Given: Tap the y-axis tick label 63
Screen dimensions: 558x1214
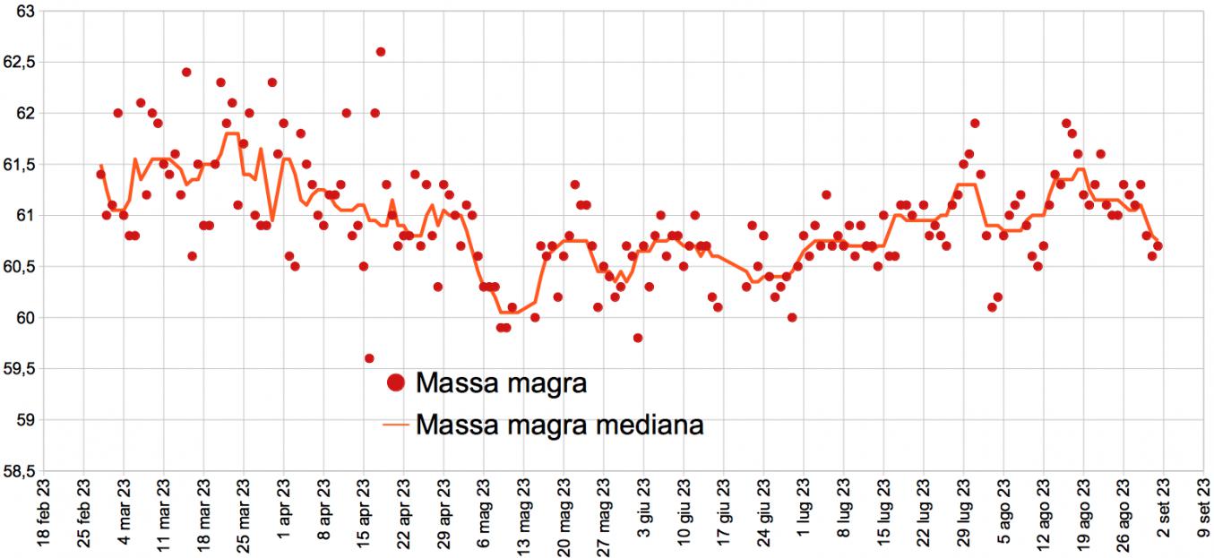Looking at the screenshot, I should tap(25, 11).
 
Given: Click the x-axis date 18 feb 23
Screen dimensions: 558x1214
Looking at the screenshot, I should tap(42, 515).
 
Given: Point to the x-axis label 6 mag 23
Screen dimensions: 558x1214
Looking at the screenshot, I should tap(483, 516).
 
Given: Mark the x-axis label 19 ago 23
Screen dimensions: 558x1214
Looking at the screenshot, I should tap(1082, 516).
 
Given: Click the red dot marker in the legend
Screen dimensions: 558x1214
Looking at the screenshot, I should tap(395, 383).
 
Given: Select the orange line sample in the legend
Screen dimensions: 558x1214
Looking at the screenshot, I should tap(395, 424).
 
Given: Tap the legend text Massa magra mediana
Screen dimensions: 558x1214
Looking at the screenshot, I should tap(559, 424).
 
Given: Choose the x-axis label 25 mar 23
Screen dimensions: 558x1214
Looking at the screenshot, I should tap(243, 516).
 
